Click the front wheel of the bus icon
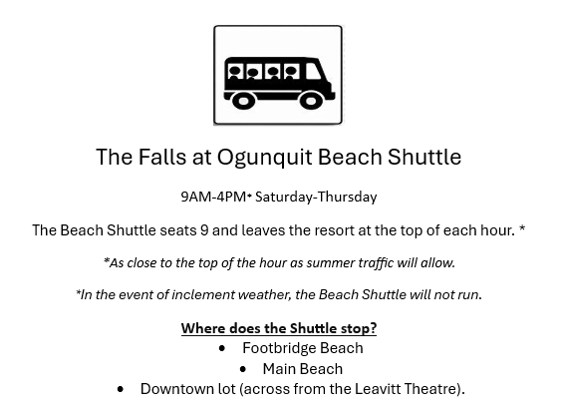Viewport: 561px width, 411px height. coord(311,101)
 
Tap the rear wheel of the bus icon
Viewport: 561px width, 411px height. coord(244,101)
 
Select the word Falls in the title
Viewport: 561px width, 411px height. coord(162,157)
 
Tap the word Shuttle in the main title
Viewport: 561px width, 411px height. coord(424,157)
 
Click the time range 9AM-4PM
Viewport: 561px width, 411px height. coord(213,197)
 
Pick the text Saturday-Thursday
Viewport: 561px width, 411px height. coord(316,197)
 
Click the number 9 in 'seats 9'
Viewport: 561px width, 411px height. coord(204,230)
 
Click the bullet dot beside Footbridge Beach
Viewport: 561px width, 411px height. coord(222,348)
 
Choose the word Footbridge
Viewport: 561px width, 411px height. coord(279,348)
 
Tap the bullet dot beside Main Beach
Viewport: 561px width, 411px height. coord(243,369)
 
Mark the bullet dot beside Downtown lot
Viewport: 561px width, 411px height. coord(121,389)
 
